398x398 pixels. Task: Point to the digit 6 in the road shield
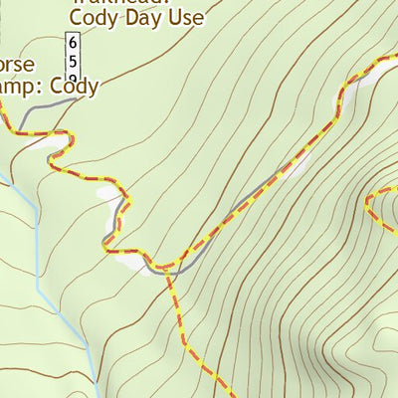(72, 43)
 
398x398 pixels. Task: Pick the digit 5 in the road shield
(72, 59)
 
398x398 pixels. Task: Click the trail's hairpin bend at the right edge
(366, 206)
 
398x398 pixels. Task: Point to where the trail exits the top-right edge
(386, 58)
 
